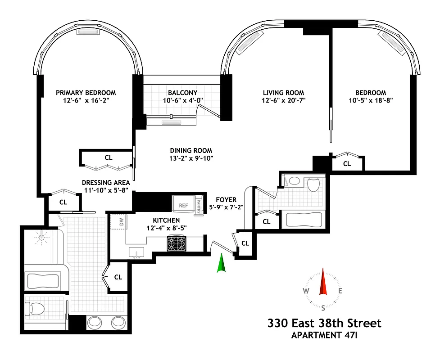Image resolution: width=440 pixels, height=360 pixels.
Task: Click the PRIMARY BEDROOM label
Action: pyautogui.click(x=86, y=92)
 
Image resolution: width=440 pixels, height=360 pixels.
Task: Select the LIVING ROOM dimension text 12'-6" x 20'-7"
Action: pyautogui.click(x=283, y=101)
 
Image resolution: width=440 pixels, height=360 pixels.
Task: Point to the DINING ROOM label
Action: pyautogui.click(x=191, y=150)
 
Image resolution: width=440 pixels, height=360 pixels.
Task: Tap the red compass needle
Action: pyautogui.click(x=322, y=282)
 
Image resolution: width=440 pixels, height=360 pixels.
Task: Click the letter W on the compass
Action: pyautogui.click(x=306, y=291)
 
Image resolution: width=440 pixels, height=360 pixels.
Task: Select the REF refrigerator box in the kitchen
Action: pyautogui.click(x=183, y=205)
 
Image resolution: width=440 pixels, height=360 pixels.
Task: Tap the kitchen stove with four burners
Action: pyautogui.click(x=177, y=244)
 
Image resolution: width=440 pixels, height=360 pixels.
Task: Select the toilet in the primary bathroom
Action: pyautogui.click(x=36, y=308)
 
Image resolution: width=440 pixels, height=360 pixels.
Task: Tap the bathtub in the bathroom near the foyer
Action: pyautogui.click(x=304, y=220)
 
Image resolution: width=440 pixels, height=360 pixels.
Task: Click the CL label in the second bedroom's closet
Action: pyautogui.click(x=347, y=164)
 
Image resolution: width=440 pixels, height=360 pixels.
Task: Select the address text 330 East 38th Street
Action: pyautogui.click(x=324, y=323)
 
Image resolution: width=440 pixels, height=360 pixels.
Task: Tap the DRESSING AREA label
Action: pyautogui.click(x=106, y=183)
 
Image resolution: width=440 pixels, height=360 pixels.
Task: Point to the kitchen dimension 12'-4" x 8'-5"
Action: pyautogui.click(x=166, y=228)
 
